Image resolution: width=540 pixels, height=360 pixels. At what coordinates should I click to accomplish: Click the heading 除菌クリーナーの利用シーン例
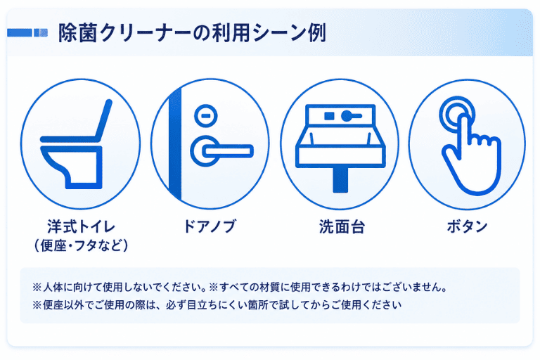click(x=192, y=33)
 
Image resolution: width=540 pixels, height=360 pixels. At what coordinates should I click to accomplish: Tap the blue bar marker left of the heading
click(x=27, y=33)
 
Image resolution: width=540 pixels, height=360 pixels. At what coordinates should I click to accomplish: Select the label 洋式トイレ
click(x=81, y=226)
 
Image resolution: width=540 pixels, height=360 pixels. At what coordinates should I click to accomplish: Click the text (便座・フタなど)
click(x=81, y=245)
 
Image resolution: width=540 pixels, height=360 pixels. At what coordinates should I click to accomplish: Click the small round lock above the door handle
click(x=205, y=115)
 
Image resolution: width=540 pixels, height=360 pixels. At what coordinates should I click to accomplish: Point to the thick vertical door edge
click(x=175, y=144)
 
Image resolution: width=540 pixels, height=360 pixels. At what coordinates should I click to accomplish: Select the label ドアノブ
click(x=210, y=226)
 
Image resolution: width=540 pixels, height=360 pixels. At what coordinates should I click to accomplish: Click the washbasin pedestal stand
click(x=340, y=179)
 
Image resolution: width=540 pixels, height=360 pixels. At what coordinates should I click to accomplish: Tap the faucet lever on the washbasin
click(x=352, y=116)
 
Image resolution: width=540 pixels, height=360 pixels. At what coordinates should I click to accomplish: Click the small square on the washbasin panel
click(x=329, y=116)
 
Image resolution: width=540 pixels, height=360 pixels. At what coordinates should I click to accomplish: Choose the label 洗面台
click(x=342, y=226)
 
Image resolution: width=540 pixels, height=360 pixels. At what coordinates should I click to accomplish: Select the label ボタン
click(x=468, y=226)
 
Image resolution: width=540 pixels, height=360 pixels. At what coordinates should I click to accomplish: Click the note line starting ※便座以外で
click(x=217, y=305)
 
